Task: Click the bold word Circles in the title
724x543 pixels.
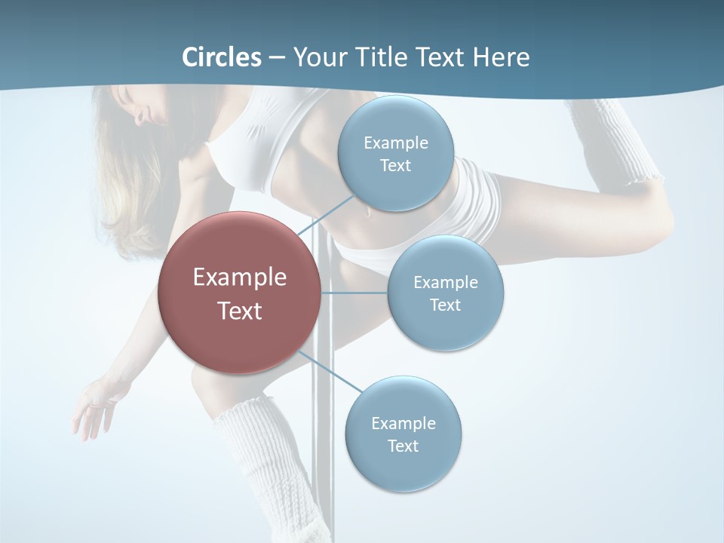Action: point(221,57)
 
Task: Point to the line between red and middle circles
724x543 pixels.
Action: point(354,293)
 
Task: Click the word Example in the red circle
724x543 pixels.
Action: point(240,278)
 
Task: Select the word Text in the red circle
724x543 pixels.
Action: point(240,311)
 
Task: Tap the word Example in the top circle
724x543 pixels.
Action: point(395,143)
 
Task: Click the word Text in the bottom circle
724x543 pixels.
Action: point(403,446)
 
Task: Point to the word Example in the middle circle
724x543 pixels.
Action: point(446,283)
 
